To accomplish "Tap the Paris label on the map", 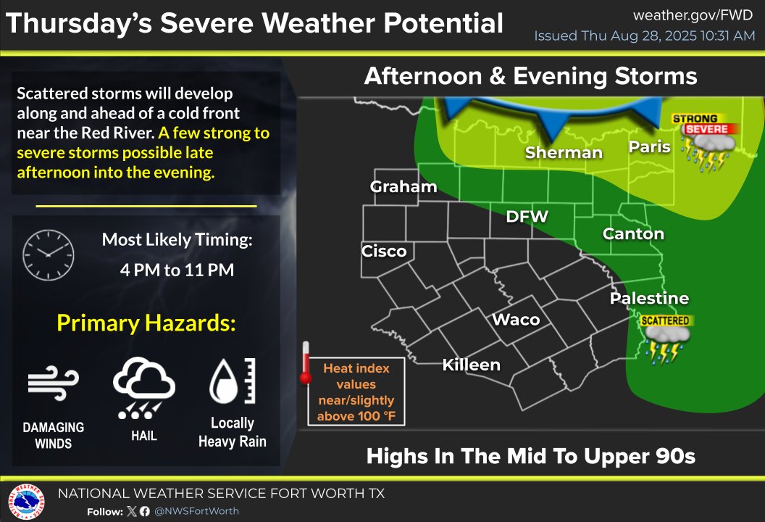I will click(x=649, y=146).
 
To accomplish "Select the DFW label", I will click(x=527, y=216).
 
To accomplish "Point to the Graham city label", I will click(x=404, y=186).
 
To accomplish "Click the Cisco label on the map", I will click(x=384, y=251).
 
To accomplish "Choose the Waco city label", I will click(x=516, y=320).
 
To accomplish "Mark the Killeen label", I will click(x=472, y=364).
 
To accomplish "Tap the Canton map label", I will click(x=633, y=233).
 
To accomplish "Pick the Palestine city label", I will click(x=649, y=298).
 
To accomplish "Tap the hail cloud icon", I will click(x=143, y=387).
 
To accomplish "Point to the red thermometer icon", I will click(x=306, y=363).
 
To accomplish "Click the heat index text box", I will click(x=356, y=392).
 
